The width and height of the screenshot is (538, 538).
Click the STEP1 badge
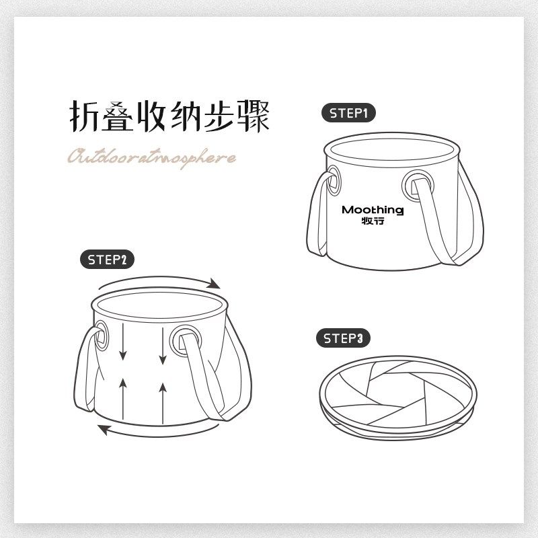(348, 113)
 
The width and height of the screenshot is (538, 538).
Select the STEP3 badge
(343, 339)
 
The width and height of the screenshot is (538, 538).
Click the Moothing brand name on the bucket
(373, 210)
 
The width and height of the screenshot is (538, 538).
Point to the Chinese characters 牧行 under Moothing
(373, 222)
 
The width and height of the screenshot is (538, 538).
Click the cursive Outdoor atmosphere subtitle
(151, 157)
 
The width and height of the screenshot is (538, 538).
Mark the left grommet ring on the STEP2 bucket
(101, 334)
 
